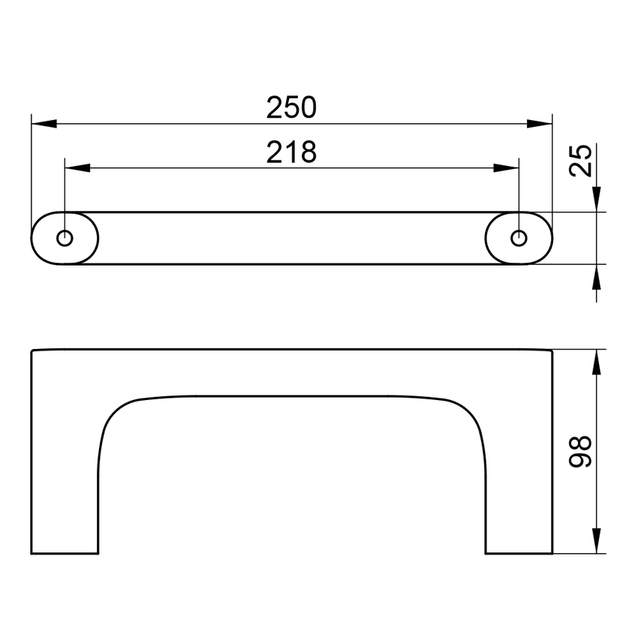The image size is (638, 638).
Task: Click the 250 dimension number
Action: point(292,108)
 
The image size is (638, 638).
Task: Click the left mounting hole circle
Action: point(65,238)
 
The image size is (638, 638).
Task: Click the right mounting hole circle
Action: point(519,238)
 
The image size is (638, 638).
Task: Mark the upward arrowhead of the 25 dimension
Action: point(596,277)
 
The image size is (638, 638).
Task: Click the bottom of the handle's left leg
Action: point(65,553)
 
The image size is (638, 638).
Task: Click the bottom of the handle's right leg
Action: point(519,553)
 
